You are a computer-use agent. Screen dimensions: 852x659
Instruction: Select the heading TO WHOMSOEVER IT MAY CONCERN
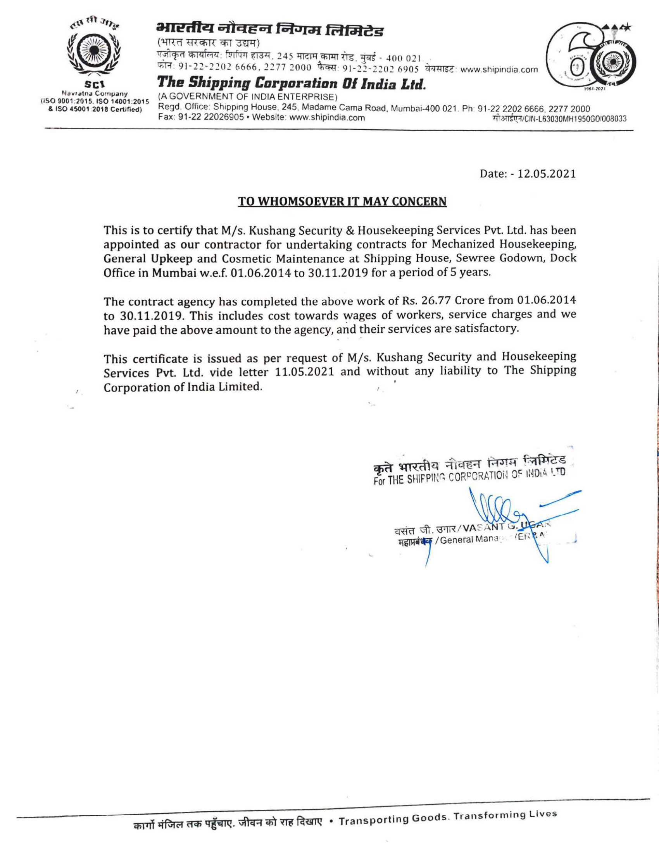coord(342,202)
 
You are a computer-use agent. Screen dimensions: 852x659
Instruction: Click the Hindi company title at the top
coord(269,30)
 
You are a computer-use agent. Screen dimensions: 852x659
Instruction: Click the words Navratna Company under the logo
coord(95,94)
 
